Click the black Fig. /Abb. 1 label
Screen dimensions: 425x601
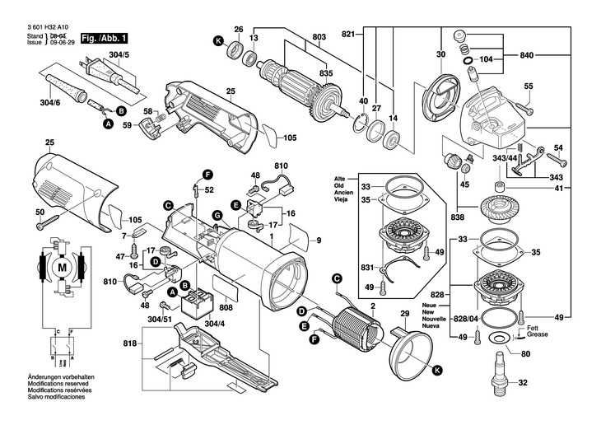point(104,39)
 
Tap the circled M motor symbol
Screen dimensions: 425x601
point(60,269)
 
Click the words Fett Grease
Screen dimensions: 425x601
point(537,332)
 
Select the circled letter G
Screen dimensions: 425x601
point(217,217)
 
